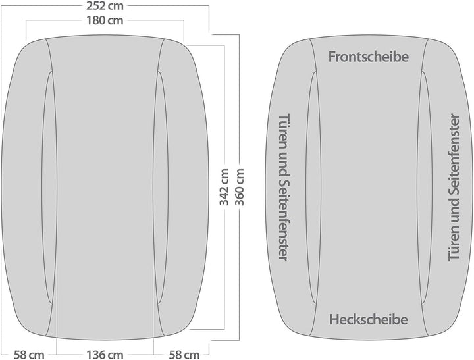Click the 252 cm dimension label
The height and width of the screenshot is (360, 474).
click(105, 6)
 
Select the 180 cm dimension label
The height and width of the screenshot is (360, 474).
click(105, 20)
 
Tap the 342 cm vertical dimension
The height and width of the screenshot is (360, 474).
click(224, 187)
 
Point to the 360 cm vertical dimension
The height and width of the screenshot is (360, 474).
click(240, 187)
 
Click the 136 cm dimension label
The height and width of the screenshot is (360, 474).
click(105, 355)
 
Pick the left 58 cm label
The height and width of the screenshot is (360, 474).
click(29, 355)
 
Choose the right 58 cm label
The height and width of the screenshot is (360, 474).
click(184, 355)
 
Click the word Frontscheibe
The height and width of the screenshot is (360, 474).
click(369, 57)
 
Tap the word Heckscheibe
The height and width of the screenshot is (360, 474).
click(369, 319)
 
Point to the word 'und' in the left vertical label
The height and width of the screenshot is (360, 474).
click(284, 159)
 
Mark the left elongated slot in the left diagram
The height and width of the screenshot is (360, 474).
click(49, 188)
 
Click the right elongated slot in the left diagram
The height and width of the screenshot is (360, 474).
click(161, 188)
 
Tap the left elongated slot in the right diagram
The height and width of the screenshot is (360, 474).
click(313, 188)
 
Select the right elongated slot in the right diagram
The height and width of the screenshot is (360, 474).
click(425, 188)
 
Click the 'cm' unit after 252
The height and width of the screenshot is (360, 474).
click(115, 7)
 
